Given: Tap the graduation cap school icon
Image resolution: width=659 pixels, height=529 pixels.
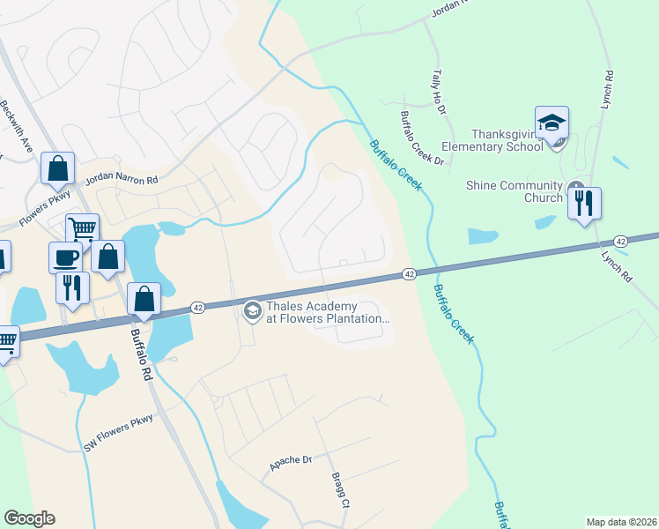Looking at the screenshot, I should [x=552, y=123].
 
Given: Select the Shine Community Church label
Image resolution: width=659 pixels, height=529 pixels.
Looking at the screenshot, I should [x=515, y=191].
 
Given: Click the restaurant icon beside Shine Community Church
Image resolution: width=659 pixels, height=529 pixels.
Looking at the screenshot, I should [x=584, y=204].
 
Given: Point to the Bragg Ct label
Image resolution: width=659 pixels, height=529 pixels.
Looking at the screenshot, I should [x=341, y=493].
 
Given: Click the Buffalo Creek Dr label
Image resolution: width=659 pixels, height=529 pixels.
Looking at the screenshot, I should [x=422, y=138].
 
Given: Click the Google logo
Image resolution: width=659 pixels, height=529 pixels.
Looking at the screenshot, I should [x=29, y=518].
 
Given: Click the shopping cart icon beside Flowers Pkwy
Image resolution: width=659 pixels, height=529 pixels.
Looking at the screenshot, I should [x=82, y=229].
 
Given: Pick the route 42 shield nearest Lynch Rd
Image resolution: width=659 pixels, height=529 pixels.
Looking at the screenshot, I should [x=621, y=241].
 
